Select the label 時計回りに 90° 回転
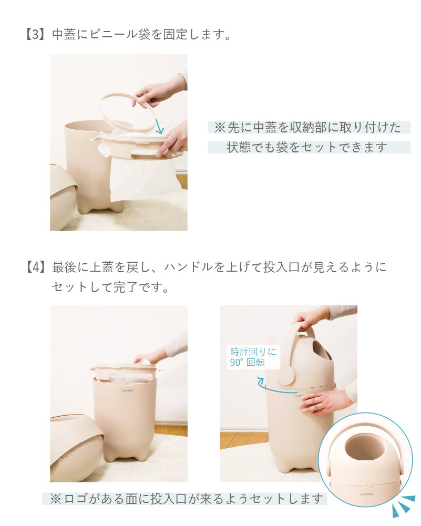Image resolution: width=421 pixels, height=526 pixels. click(253, 357)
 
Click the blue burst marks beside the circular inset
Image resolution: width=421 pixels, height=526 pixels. click(404, 506)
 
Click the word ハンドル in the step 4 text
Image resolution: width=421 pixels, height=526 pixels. click(189, 267)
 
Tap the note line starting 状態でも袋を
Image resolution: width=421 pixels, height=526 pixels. click(306, 147)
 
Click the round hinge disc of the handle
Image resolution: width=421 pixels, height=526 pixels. click(285, 375)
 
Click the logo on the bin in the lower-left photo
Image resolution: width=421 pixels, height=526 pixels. click(128, 390)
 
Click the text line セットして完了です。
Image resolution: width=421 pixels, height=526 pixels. click(110, 287)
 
